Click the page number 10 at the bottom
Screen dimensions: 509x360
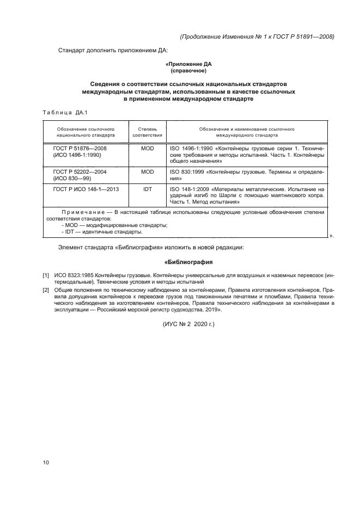pyautogui.click(x=46, y=463)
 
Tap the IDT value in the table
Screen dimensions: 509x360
pyautogui.click(x=148, y=189)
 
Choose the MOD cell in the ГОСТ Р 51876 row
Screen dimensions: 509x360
pyautogui.click(x=148, y=148)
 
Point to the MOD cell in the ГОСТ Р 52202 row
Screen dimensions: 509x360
pyautogui.click(x=148, y=171)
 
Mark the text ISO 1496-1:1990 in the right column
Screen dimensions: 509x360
pyautogui.click(x=190, y=148)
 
